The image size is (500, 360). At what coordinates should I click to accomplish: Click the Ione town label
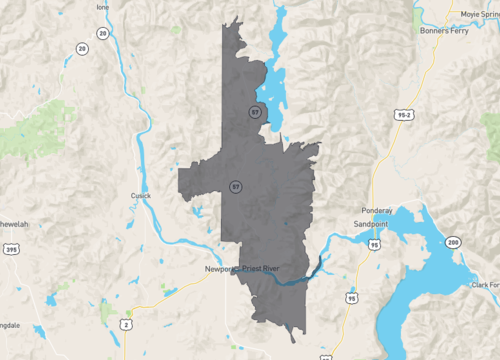[x=102, y=6]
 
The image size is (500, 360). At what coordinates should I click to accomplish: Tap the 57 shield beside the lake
[x=257, y=113]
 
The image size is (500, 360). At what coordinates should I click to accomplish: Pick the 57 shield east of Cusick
[x=235, y=186]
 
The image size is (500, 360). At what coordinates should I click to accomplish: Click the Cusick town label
[x=141, y=196]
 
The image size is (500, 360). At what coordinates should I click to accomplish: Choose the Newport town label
[x=219, y=270]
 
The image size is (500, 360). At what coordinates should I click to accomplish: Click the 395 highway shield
[x=10, y=249]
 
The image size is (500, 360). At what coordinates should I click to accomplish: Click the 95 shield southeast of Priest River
[x=351, y=298]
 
